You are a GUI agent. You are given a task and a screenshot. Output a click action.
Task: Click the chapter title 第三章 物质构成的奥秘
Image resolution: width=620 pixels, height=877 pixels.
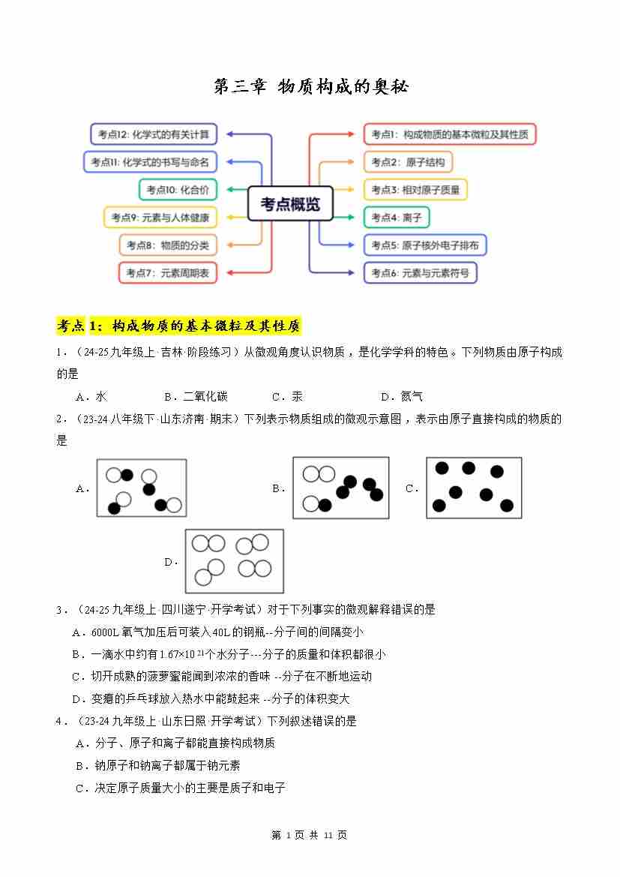pyautogui.click(x=310, y=87)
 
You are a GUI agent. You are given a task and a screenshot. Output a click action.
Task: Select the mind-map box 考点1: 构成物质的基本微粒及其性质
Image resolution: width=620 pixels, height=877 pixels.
pyautogui.click(x=450, y=135)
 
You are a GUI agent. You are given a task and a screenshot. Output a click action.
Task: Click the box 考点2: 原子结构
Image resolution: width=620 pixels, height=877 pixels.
pyautogui.click(x=408, y=162)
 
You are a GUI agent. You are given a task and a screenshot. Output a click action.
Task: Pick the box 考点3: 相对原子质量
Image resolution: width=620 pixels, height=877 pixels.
pyautogui.click(x=415, y=190)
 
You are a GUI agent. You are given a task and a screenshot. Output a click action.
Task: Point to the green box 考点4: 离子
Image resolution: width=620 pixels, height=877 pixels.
pyautogui.click(x=397, y=218)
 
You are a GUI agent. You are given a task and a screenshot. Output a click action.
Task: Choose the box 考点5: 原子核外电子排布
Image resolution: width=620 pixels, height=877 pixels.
pyautogui.click(x=425, y=245)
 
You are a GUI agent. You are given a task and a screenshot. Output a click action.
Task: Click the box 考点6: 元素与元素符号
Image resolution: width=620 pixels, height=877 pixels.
pyautogui.click(x=420, y=273)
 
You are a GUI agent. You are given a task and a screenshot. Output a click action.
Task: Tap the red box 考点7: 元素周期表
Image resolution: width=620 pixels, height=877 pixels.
pyautogui.click(x=168, y=273)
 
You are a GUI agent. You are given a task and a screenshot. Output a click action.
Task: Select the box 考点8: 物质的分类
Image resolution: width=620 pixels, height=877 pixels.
pyautogui.click(x=168, y=245)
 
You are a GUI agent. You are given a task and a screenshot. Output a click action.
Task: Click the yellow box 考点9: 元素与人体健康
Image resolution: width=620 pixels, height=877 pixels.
pyautogui.click(x=160, y=218)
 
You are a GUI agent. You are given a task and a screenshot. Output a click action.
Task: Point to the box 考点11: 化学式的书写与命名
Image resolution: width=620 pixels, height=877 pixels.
pyautogui.click(x=150, y=162)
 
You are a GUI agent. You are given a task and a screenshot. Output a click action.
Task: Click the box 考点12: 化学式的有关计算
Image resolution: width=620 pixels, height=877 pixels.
pyautogui.click(x=154, y=135)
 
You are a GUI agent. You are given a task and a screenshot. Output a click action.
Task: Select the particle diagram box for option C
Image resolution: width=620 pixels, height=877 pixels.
pyautogui.click(x=474, y=488)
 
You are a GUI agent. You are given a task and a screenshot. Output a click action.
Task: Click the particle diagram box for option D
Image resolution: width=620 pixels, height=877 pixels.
pyautogui.click(x=235, y=561)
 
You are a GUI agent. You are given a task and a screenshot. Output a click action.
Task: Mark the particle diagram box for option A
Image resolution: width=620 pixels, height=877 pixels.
pyautogui.click(x=141, y=488)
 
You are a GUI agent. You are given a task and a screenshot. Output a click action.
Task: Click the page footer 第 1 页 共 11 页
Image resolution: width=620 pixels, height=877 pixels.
pyautogui.click(x=309, y=835)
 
